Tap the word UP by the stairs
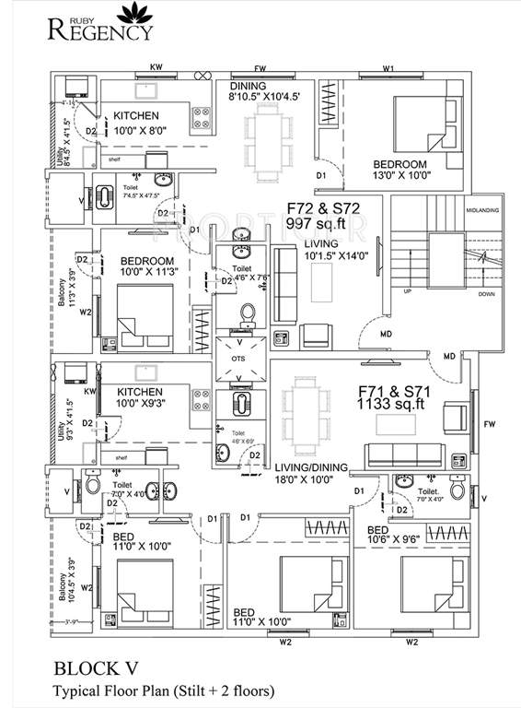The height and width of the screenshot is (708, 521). pos(405,291)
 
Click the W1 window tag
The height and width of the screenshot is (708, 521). pos(388,68)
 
